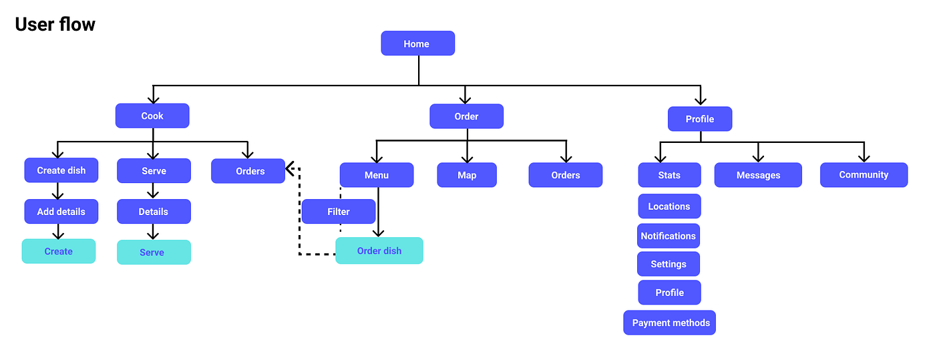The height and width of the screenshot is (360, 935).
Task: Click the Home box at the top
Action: (417, 43)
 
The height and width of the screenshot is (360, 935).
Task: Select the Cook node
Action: (152, 116)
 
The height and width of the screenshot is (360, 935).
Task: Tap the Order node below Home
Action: (466, 116)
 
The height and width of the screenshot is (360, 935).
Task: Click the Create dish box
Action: (61, 170)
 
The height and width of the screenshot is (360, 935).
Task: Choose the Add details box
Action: (61, 212)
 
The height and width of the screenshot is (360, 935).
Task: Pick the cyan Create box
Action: (59, 251)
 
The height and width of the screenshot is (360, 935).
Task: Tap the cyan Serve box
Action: (154, 252)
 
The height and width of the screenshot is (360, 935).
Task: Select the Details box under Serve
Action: (154, 212)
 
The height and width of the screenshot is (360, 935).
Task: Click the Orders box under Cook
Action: (248, 171)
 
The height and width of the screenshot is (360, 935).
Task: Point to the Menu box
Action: (377, 175)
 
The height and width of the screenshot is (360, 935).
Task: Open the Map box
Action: (467, 175)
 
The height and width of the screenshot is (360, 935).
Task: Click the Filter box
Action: (339, 212)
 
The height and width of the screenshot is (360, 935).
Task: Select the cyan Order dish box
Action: (379, 250)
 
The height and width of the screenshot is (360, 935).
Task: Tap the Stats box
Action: (669, 175)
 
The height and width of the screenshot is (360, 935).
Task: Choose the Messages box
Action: (758, 175)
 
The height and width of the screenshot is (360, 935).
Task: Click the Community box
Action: (864, 174)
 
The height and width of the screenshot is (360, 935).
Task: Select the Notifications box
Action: (668, 236)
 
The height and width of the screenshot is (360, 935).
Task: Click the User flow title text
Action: (55, 25)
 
